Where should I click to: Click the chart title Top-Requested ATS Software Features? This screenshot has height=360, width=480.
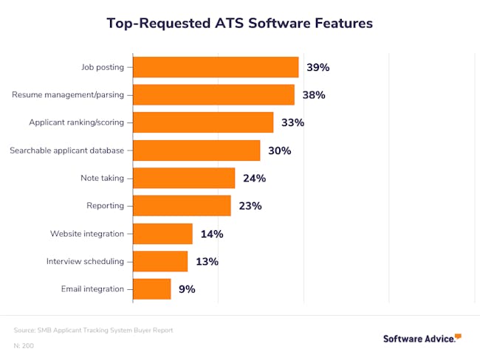[x=240, y=23]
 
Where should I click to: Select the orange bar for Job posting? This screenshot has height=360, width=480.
[x=216, y=67]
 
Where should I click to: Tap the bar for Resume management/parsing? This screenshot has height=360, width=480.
[x=213, y=94]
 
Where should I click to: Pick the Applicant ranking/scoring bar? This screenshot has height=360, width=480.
[x=203, y=122]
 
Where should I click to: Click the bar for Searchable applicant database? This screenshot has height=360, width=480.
[x=196, y=150]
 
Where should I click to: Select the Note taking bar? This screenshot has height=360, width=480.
[x=184, y=178]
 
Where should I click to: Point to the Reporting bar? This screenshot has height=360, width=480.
[x=182, y=206]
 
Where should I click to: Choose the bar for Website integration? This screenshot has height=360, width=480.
[x=162, y=234]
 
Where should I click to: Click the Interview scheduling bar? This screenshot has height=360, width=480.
[x=160, y=261]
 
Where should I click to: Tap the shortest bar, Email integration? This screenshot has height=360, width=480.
[x=152, y=289]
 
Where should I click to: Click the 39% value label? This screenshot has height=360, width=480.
[x=318, y=67]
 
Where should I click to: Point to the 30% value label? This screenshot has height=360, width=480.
[x=279, y=150]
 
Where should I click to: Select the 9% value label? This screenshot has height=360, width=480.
[x=187, y=289]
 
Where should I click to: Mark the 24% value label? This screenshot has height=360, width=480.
[x=254, y=178]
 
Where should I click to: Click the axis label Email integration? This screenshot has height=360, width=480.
[x=92, y=289]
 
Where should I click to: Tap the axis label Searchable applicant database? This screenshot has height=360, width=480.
[x=66, y=150]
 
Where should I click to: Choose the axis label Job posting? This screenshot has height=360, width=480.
[x=103, y=67]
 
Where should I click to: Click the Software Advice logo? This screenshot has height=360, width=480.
[x=422, y=339]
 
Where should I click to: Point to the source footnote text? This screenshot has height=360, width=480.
[x=93, y=330]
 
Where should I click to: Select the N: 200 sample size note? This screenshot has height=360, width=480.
[x=23, y=345]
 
